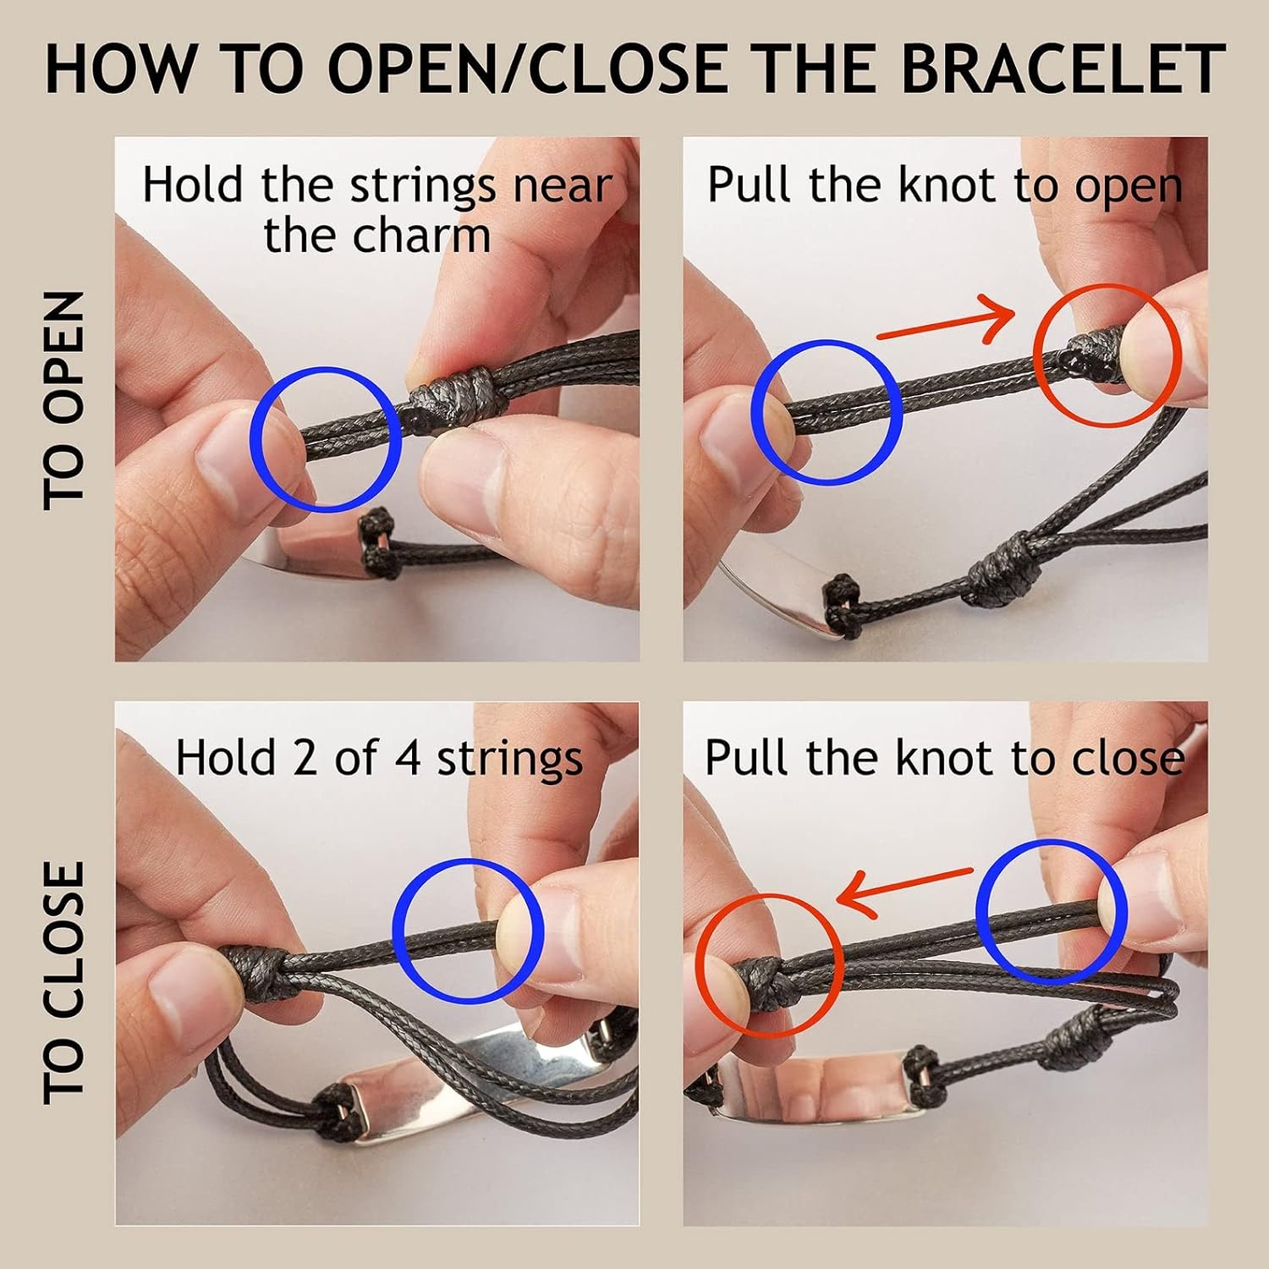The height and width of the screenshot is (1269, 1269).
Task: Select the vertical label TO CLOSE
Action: [x=64, y=982]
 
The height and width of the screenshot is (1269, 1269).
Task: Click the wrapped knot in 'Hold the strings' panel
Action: [x=458, y=398]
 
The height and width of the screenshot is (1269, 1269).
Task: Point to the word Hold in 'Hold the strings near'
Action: [x=192, y=184]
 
